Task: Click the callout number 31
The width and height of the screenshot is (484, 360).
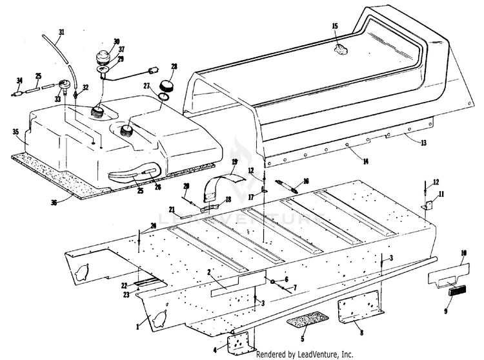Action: tap(61, 32)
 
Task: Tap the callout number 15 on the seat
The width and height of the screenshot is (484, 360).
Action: tap(335, 26)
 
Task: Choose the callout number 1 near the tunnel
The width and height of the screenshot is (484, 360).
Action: tap(137, 327)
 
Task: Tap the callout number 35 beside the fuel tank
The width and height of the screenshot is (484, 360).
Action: tap(15, 132)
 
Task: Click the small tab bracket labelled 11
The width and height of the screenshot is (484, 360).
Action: tap(427, 206)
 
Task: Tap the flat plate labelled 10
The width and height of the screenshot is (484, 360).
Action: tap(450, 272)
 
